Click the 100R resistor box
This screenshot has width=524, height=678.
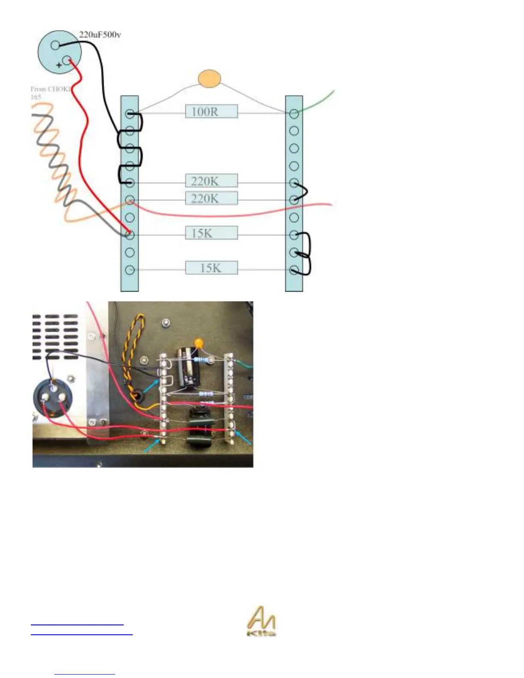[x=211, y=112]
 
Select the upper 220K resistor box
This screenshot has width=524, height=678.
[x=211, y=181]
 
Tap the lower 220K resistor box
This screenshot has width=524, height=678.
[x=211, y=198]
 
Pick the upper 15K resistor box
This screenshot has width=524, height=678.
[x=211, y=233]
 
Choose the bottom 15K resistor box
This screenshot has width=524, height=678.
[x=211, y=268]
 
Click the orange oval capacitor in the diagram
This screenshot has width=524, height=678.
[x=209, y=79]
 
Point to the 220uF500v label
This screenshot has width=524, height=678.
[x=100, y=35]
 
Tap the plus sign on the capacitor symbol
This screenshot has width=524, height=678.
[x=59, y=65]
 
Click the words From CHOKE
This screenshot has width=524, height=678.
[x=50, y=89]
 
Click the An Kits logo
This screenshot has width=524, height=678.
[x=261, y=621]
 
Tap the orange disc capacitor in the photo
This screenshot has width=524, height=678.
[x=198, y=343]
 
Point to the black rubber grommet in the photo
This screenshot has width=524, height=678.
[x=137, y=395]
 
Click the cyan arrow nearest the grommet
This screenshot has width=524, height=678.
[x=150, y=387]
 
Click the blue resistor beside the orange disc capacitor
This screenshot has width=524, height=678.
[x=204, y=360]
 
